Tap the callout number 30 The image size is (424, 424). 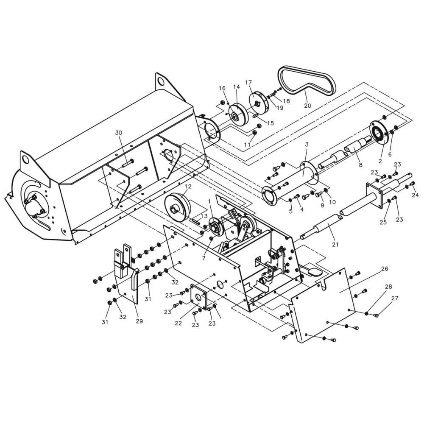pyautogui.click(x=119, y=133)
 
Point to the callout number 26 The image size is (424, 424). pyautogui.click(x=385, y=268)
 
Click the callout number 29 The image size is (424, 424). pyautogui.click(x=139, y=321)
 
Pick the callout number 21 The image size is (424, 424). pyautogui.click(x=335, y=245)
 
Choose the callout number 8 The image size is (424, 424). pyautogui.click(x=360, y=165)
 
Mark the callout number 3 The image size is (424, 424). pyautogui.click(x=307, y=145)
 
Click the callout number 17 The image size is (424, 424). pyautogui.click(x=248, y=83)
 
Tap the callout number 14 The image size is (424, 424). pyautogui.click(x=237, y=87)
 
